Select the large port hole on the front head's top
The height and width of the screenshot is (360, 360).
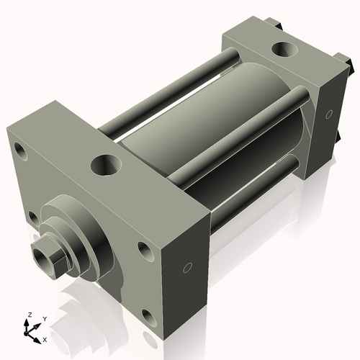(x=107, y=165)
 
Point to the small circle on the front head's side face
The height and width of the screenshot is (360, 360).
(x=187, y=268)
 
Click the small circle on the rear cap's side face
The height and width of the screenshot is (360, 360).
(x=329, y=114)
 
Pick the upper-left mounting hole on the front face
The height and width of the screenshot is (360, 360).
(x=19, y=152)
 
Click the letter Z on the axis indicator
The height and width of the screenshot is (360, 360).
(x=30, y=315)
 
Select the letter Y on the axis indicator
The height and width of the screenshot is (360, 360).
(x=44, y=318)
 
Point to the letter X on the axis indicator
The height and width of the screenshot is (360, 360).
(x=45, y=338)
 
